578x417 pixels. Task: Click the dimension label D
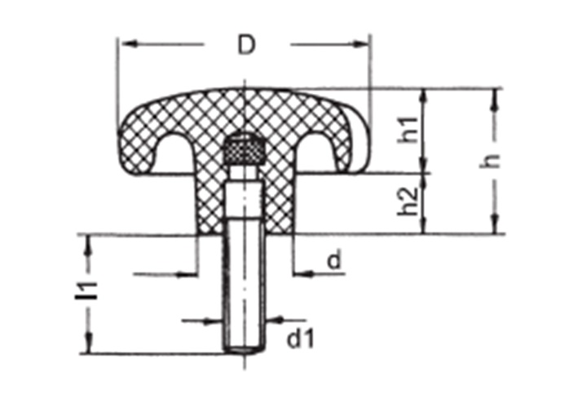point(247,45)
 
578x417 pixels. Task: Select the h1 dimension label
point(408,130)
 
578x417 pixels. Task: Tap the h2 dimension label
point(408,202)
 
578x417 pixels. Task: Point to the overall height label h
point(490,161)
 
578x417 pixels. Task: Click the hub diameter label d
point(335,260)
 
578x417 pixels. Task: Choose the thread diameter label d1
point(301,339)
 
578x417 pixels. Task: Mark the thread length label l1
point(86,291)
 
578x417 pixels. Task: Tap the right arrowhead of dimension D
point(360,44)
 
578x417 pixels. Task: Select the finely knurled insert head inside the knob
point(244,149)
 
